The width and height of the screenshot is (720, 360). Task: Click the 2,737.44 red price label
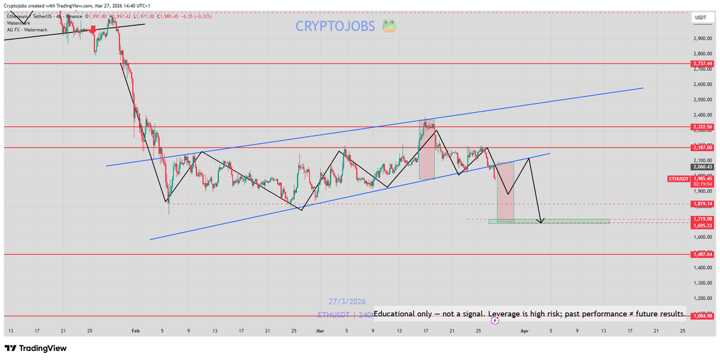click(702, 64)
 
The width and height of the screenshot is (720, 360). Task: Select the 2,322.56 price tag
click(702, 127)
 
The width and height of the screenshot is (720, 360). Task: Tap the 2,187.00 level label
click(702, 148)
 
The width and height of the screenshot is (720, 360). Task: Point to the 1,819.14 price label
click(702, 204)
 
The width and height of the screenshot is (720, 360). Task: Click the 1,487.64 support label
click(702, 254)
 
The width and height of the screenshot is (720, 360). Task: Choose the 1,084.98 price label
click(702, 316)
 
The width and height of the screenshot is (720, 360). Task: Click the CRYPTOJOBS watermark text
click(335, 26)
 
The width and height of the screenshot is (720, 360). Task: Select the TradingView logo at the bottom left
click(35, 349)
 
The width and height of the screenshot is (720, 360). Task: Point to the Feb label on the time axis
click(135, 331)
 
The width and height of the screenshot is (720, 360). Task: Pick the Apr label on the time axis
click(524, 331)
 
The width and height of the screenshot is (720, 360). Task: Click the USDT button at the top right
click(700, 18)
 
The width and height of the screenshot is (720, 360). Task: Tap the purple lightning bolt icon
click(495, 321)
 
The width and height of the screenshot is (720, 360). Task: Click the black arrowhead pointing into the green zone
click(541, 221)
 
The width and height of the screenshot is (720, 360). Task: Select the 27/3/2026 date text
click(347, 302)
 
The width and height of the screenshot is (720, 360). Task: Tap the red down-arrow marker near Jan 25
click(93, 30)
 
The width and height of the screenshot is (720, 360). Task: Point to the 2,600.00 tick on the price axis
click(703, 85)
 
